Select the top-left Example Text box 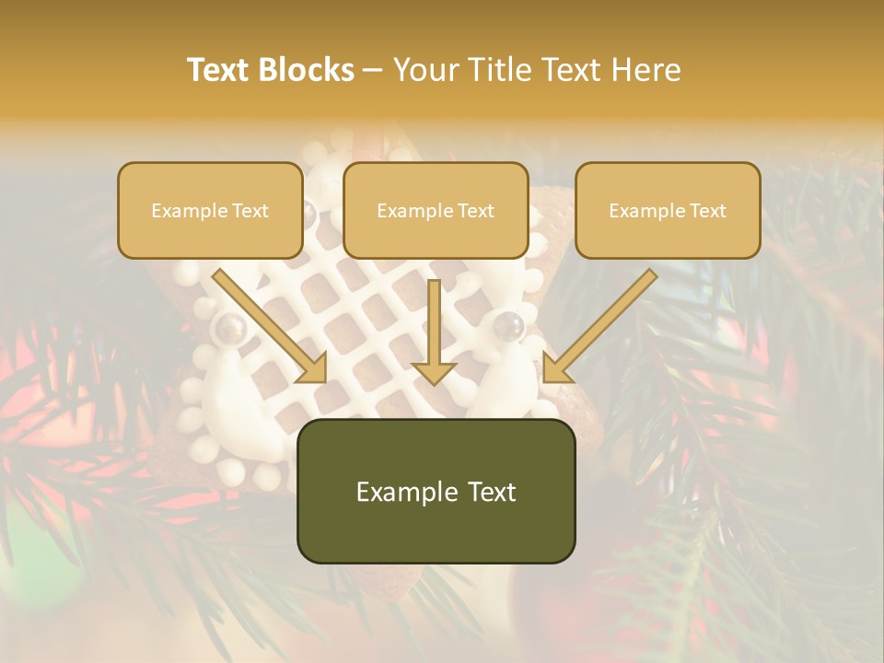point(210,210)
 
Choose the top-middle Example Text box point(436,210)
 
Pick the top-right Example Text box point(668,210)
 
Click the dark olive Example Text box point(436,492)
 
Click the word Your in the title point(425,70)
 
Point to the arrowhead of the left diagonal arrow point(313,369)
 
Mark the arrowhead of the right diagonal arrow point(555,369)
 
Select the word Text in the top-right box point(707,211)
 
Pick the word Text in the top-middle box point(475,211)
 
